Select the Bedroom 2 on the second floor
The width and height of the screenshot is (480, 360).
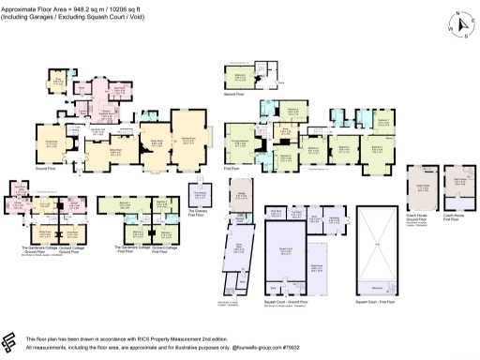tap(241, 77)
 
